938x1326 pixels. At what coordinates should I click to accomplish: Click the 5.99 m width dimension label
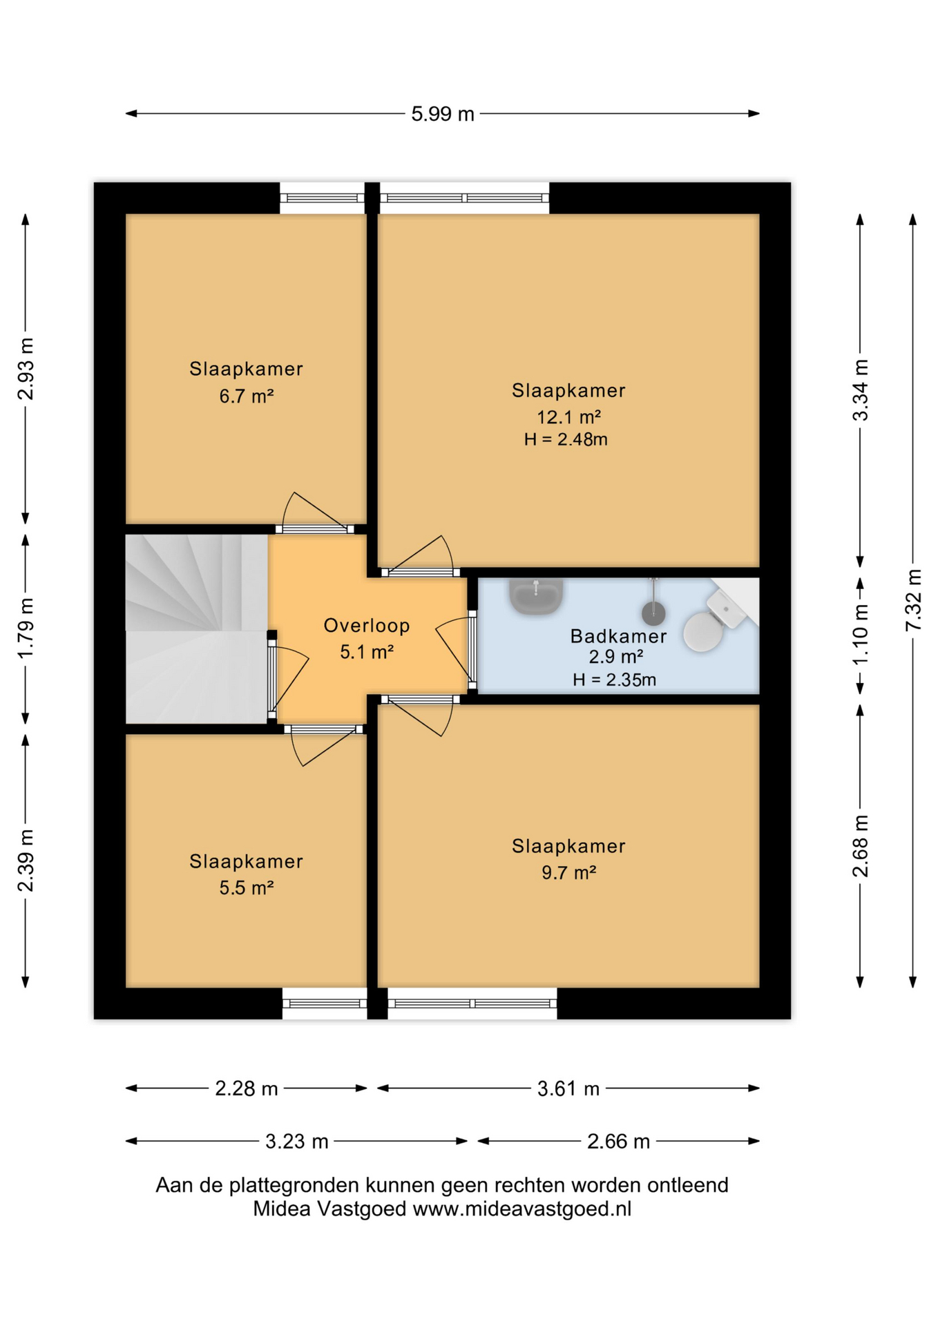(x=443, y=114)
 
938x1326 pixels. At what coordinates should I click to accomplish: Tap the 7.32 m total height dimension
(x=913, y=599)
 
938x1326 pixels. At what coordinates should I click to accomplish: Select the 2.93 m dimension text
(x=26, y=369)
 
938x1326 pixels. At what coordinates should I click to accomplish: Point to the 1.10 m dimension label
(x=860, y=635)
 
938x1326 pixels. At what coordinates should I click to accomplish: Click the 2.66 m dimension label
(x=618, y=1142)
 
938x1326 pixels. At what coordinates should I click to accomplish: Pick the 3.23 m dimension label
(x=296, y=1142)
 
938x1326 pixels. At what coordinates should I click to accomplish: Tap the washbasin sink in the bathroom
(x=536, y=596)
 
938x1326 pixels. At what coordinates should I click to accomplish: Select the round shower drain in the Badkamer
(x=653, y=612)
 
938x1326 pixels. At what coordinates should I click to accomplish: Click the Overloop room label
(x=367, y=626)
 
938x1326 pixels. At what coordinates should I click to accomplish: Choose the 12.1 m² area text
(x=568, y=417)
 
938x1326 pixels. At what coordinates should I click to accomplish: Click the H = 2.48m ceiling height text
(x=566, y=439)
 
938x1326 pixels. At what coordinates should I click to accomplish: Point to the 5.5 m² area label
(x=247, y=887)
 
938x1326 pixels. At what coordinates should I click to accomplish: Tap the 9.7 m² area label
(x=568, y=872)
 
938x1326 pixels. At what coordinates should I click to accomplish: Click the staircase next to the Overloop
(x=197, y=629)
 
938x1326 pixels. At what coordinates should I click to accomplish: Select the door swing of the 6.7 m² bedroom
(x=314, y=511)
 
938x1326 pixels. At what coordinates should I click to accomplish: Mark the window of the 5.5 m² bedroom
(x=324, y=1003)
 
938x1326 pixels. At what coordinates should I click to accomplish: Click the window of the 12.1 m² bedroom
(x=464, y=198)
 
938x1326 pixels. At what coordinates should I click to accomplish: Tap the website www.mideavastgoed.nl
(x=521, y=1209)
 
